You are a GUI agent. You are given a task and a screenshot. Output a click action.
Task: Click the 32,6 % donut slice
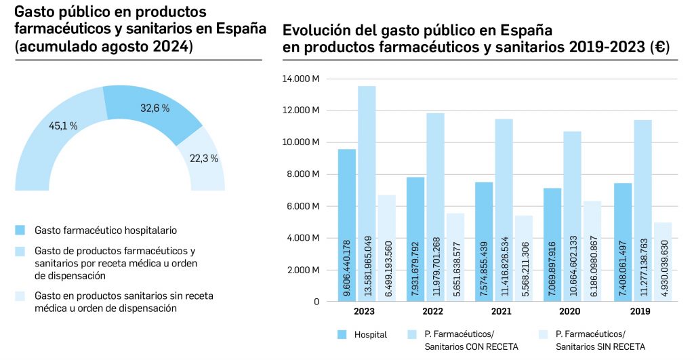tap(152, 112)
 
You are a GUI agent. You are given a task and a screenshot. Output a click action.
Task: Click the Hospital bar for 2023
tap(347, 224)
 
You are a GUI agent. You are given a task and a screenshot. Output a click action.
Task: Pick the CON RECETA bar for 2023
tap(367, 193)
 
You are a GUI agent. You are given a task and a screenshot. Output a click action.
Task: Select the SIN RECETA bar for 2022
tap(455, 258)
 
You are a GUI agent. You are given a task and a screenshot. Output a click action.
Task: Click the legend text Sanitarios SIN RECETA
tap(600, 346)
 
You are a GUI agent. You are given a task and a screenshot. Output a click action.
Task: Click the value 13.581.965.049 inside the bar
tap(367, 268)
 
